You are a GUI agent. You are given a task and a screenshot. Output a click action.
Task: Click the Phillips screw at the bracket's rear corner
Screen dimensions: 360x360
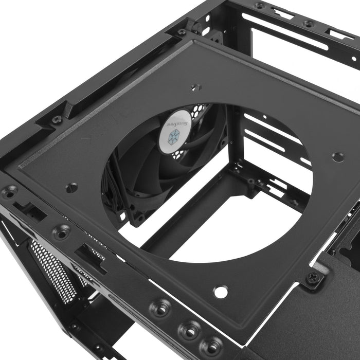[x=182, y=32]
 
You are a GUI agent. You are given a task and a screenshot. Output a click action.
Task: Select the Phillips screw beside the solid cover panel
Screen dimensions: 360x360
[x=313, y=279]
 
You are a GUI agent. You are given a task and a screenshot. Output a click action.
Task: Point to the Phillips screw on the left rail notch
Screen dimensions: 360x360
[x=57, y=119]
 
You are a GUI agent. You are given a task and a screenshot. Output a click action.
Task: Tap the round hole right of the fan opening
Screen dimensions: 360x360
[x=338, y=157]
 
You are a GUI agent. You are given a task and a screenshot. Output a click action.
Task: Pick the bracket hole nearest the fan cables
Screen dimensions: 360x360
[x=72, y=188]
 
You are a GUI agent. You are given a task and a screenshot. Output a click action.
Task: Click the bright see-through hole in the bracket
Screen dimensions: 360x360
[x=221, y=292]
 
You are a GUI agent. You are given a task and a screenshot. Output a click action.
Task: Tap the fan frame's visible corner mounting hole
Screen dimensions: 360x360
[x=138, y=218]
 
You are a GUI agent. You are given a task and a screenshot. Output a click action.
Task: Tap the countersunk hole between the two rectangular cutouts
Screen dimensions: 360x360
[x=62, y=232]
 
